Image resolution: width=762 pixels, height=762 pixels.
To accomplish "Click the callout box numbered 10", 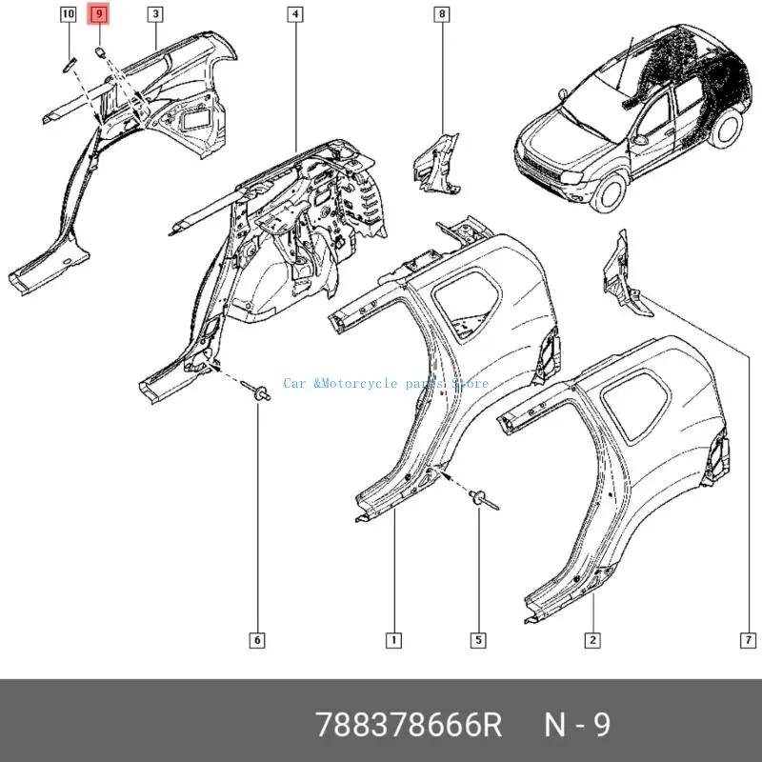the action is [68, 14].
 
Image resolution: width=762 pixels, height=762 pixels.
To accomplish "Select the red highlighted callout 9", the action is [99, 14].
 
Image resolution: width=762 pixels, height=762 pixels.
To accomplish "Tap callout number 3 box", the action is [155, 14].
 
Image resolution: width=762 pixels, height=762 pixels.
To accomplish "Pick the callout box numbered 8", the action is [442, 14].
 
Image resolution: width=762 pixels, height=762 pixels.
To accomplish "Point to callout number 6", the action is [257, 639].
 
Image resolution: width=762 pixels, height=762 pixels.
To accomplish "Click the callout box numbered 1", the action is [391, 639].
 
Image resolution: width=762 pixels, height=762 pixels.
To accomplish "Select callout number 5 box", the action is [478, 639].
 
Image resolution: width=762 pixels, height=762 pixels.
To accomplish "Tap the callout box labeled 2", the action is [592, 639].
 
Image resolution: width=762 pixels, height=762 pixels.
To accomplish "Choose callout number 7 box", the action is [748, 639].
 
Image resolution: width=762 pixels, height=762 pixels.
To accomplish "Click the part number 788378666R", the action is [409, 726].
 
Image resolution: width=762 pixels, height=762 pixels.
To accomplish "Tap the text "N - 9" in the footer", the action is [576, 726].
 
